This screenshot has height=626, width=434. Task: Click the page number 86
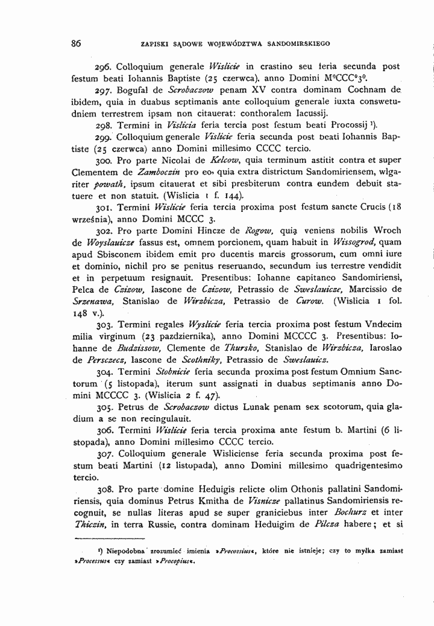click(x=75, y=43)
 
